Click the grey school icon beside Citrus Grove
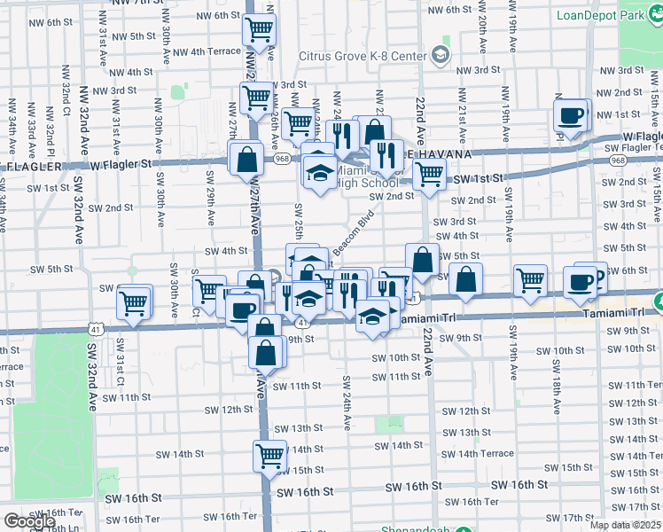(x=440, y=56)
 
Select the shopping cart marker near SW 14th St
(x=269, y=456)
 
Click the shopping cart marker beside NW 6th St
(x=259, y=29)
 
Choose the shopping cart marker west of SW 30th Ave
(x=134, y=302)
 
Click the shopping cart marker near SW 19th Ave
(x=529, y=279)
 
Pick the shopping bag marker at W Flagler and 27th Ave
(x=248, y=160)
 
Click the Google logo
(x=29, y=521)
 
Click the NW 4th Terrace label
(x=205, y=51)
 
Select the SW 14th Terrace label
(x=480, y=453)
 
